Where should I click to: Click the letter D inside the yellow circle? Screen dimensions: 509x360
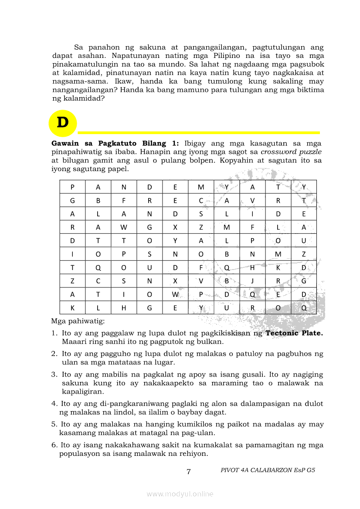tap(63, 123)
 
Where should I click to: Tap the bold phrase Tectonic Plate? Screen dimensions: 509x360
tap(294, 333)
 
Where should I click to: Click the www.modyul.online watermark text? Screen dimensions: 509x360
tap(180, 494)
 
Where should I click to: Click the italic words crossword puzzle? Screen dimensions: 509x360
tap(291, 152)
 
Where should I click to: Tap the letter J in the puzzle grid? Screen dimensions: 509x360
tap(252, 281)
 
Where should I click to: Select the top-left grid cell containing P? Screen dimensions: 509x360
tap(72, 187)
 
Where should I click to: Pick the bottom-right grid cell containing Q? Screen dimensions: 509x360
tap(304, 308)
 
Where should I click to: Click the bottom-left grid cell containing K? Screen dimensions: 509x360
tap(72, 308)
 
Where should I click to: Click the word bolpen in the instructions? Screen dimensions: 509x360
tap(230, 160)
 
